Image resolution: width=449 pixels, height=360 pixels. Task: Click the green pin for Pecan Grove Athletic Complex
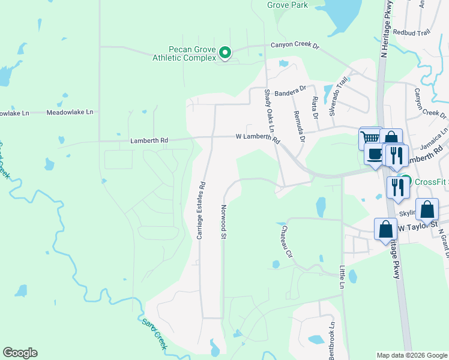[225, 53]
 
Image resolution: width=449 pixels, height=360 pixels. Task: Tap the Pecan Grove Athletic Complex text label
[184, 53]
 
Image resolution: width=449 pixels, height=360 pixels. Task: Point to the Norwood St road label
[223, 221]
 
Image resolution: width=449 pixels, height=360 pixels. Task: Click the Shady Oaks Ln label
[269, 111]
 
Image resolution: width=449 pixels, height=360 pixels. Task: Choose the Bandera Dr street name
[291, 94]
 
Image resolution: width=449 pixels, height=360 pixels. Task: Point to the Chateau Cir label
[284, 239]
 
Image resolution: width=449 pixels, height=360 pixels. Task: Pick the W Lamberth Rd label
[258, 139]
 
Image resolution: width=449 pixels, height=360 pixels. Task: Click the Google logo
[20, 353]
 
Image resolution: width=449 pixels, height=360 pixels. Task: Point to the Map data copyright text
[412, 355]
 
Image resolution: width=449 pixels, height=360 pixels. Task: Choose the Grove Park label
[287, 5]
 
